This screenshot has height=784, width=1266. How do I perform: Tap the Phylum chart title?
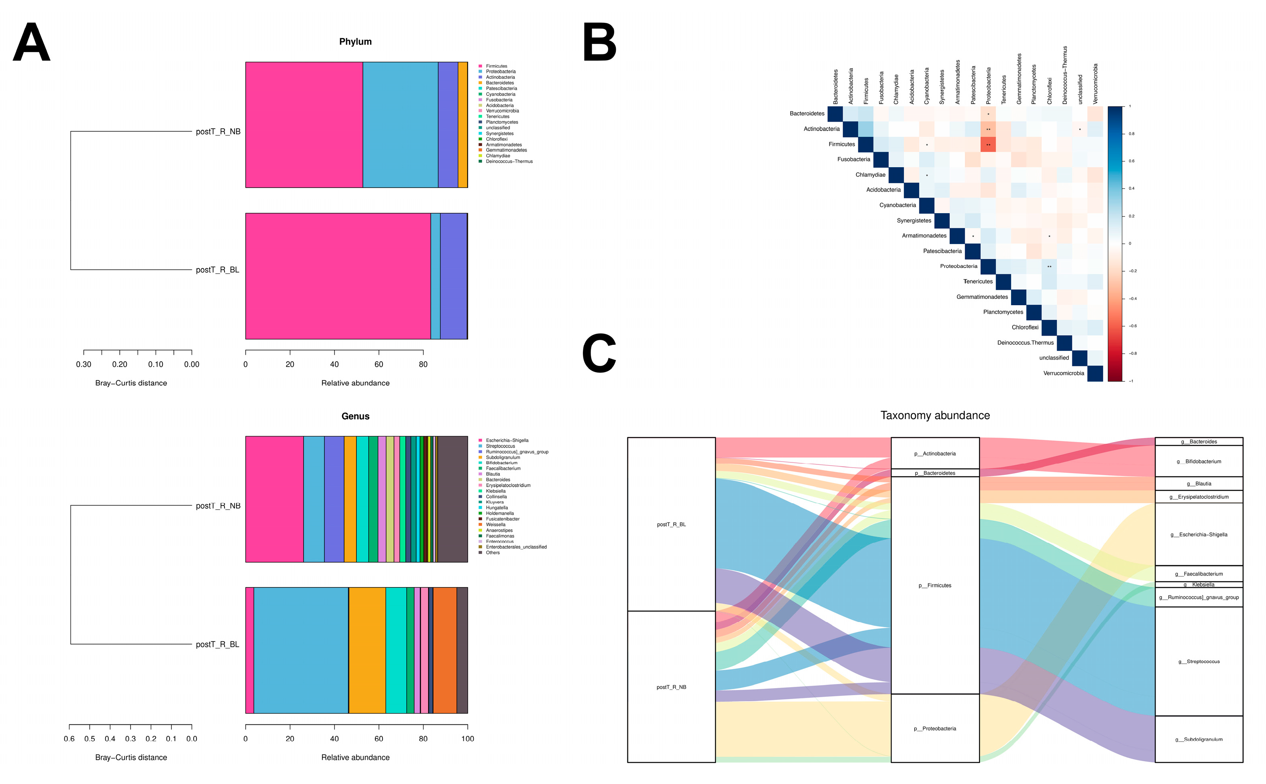[x=355, y=42]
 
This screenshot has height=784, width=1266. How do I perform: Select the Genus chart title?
[x=355, y=416]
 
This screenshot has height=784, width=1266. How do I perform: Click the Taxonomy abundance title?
[x=935, y=415]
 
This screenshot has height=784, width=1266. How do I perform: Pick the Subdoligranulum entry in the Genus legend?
[x=503, y=457]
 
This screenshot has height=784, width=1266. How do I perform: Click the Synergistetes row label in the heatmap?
[x=913, y=221]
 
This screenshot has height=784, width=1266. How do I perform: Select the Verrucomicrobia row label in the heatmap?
[x=1063, y=373]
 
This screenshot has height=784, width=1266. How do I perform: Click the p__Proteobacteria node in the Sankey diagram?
[x=935, y=728]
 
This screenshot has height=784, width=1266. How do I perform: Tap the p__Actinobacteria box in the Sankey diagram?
[x=935, y=454]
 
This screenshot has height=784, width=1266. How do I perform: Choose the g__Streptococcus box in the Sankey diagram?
[x=1198, y=662]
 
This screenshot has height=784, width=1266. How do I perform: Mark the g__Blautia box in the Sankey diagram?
[x=1198, y=484]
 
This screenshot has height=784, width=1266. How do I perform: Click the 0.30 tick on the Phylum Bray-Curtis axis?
[x=84, y=364]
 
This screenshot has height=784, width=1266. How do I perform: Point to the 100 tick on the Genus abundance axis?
[x=467, y=739]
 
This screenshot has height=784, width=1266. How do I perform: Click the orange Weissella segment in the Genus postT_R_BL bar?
[x=445, y=650]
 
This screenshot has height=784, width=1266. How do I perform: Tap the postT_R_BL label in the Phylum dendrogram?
[x=217, y=270]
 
